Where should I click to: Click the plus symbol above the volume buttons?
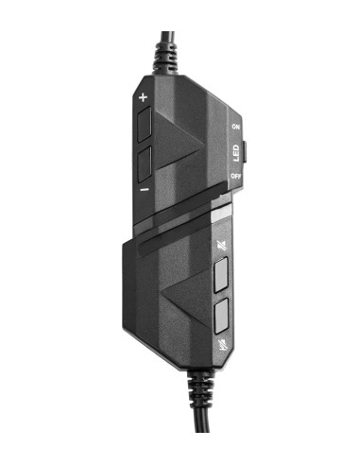144,97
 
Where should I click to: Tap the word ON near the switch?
234,126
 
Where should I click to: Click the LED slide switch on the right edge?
245,151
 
